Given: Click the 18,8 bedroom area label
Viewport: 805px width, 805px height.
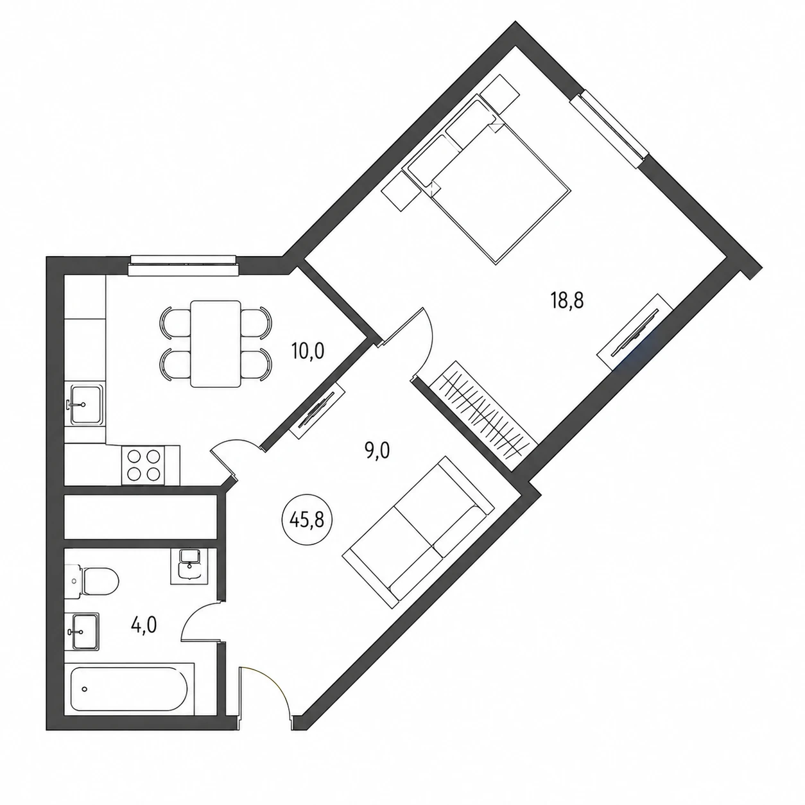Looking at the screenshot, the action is [567, 300].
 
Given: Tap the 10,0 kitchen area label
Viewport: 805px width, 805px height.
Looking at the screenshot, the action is [308, 351].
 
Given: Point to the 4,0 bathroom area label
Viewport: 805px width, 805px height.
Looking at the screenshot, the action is [144, 625].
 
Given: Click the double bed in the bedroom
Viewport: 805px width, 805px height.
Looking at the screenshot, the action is [486, 179].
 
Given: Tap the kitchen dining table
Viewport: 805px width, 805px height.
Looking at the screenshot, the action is [215, 344].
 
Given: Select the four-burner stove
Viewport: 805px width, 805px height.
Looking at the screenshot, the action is [143, 465].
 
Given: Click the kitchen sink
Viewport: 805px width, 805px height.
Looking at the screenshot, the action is [85, 404].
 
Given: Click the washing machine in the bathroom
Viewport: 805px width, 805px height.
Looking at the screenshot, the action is [189, 566].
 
